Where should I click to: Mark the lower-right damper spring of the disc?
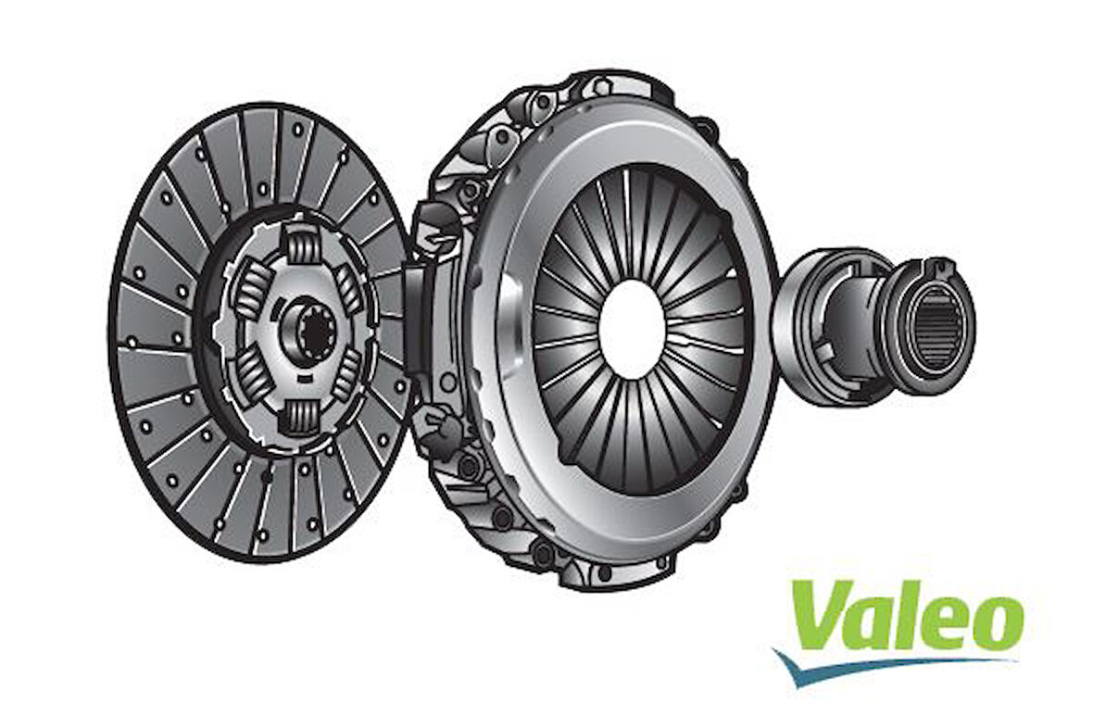tap(349, 375)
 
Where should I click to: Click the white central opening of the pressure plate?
tap(633, 329)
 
